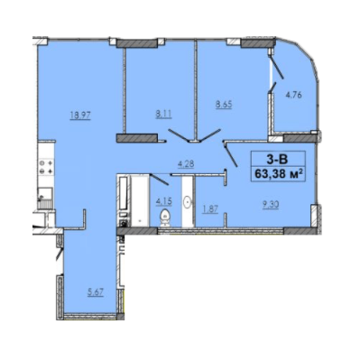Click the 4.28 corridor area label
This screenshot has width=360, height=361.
[x=187, y=163]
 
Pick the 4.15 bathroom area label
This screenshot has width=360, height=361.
[x=163, y=199]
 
